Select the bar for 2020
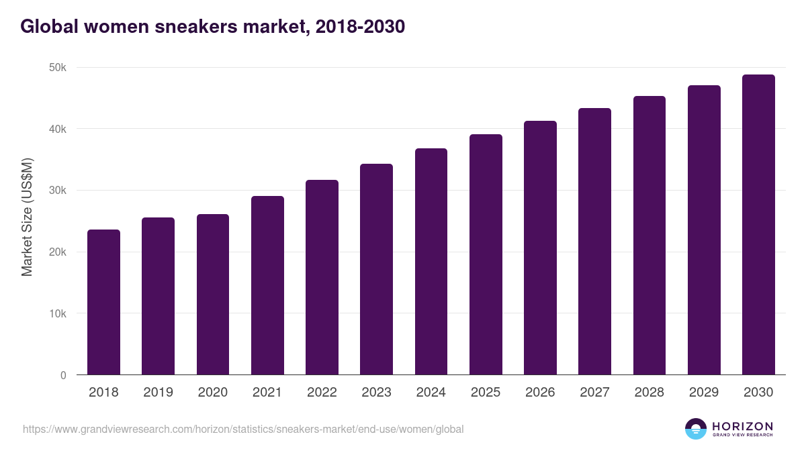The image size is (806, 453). tap(213, 295)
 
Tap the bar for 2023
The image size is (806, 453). tap(376, 269)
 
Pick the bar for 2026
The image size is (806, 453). tap(540, 248)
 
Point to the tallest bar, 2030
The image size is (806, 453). tap(758, 225)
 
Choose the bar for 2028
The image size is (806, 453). tap(649, 236)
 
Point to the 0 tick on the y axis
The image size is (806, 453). tap(63, 375)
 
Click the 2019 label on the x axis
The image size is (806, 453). tap(158, 393)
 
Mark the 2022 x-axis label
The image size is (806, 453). tap(322, 393)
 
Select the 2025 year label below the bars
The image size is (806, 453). tap(486, 393)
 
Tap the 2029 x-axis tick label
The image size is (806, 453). tap(704, 393)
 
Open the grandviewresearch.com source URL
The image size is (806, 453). tap(243, 429)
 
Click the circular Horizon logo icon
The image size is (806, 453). tap(696, 429)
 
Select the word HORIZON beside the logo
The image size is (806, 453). tap(742, 425)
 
